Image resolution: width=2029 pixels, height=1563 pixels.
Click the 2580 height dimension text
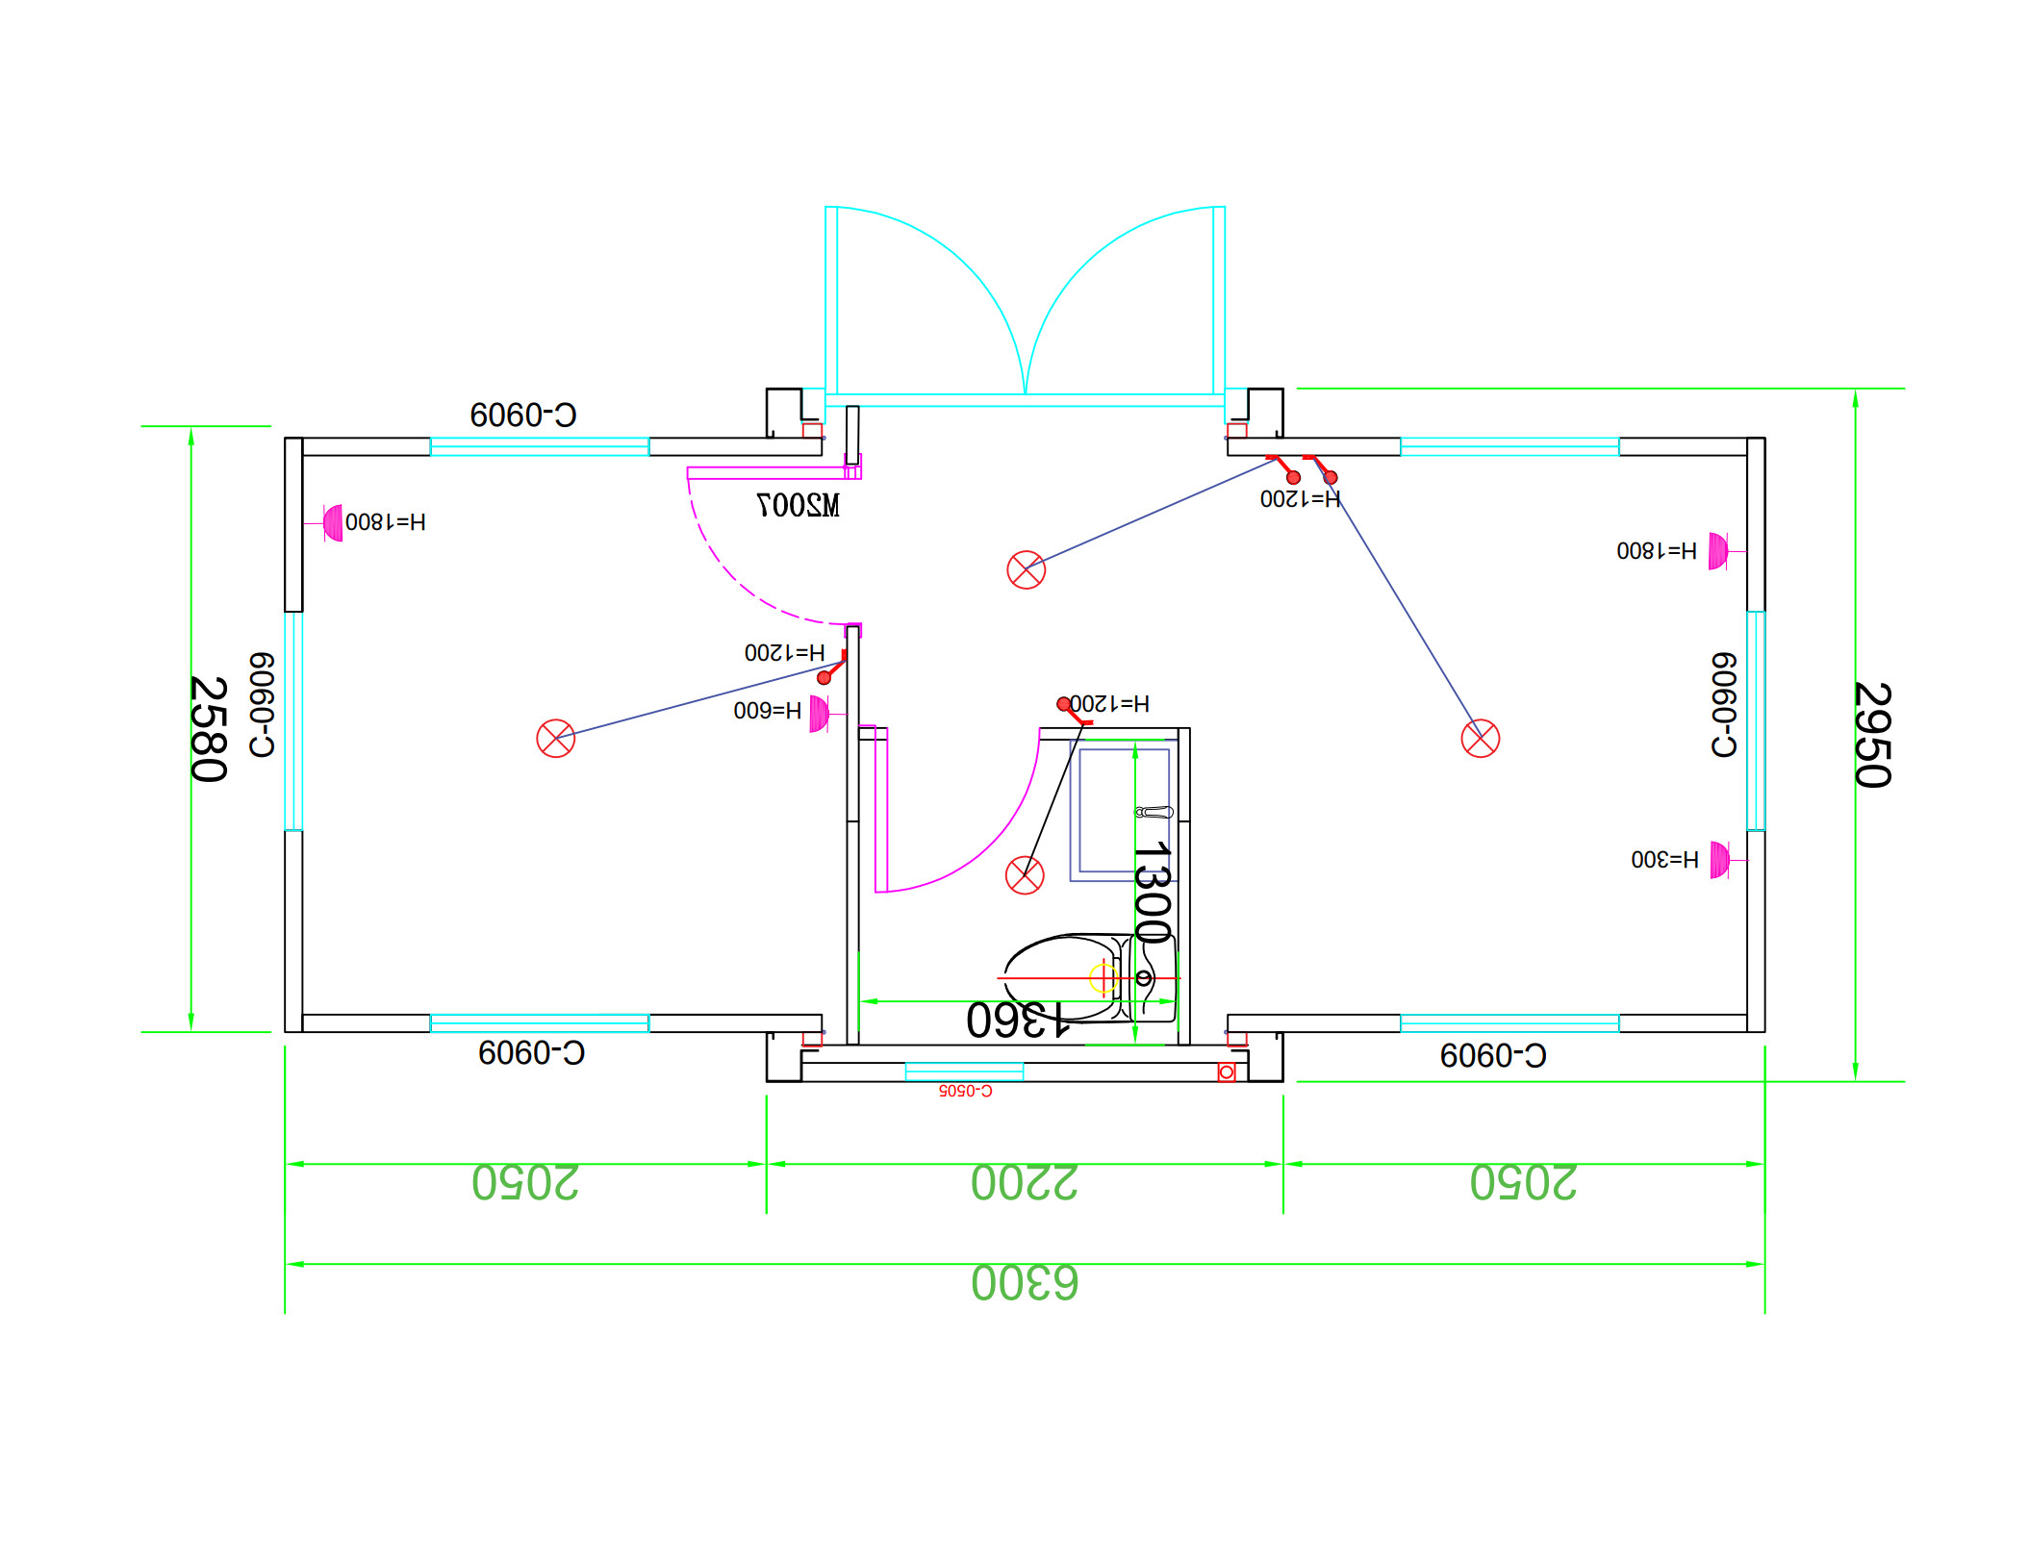point(209,729)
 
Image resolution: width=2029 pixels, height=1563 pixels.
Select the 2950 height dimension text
point(1872,735)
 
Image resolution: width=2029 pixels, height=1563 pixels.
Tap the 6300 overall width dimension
point(1025,1283)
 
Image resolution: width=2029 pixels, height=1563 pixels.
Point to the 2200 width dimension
point(1025,1183)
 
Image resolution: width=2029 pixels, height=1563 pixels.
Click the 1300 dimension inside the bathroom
point(1152,893)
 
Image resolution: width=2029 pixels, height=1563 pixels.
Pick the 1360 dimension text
point(1018,1021)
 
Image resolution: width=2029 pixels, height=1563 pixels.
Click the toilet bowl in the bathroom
point(1058,976)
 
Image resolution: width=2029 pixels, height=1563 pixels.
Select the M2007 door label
point(798,505)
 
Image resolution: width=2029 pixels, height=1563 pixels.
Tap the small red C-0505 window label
point(965,1091)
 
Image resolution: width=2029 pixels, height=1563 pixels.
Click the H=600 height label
point(767,711)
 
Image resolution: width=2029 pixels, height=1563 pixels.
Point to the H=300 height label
point(1664,859)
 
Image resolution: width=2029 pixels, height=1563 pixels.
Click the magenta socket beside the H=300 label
point(1719,860)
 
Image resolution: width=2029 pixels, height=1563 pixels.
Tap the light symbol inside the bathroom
point(1025,875)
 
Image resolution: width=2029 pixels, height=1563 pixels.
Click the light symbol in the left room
point(555,739)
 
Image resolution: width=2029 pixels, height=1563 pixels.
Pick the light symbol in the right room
point(1480,739)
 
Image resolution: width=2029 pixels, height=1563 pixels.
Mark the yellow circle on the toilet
point(1103,978)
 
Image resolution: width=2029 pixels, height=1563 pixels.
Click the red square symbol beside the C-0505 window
point(1227,1072)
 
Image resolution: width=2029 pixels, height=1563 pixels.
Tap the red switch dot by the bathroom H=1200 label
point(1063,704)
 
